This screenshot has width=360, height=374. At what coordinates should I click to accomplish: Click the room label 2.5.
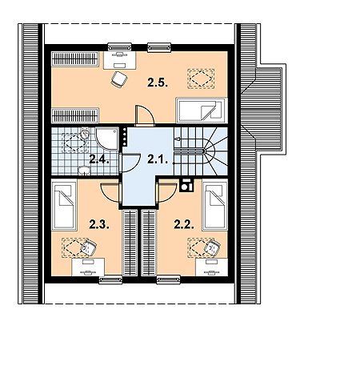point(158,82)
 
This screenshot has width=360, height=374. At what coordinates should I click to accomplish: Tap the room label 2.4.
point(99,159)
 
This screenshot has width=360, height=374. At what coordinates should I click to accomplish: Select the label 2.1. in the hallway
point(158,159)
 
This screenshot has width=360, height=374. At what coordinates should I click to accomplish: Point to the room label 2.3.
point(99,224)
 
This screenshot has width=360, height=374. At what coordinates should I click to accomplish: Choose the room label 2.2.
point(184,224)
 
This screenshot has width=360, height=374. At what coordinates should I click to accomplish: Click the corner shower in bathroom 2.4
point(107,139)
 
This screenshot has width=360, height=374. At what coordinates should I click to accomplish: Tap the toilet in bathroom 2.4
point(85,133)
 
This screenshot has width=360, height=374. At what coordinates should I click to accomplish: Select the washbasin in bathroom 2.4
point(85,171)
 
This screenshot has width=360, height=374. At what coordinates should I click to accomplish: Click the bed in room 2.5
point(202,111)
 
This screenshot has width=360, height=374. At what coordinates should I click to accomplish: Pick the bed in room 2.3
point(64,205)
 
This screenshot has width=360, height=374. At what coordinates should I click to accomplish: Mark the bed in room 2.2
point(214,205)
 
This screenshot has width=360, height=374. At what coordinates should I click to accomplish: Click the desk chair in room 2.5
point(118,79)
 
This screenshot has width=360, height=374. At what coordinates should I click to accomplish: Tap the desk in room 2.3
point(88,267)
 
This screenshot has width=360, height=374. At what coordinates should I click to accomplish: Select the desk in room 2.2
point(211,267)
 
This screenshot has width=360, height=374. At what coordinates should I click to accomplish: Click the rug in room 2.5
point(201,78)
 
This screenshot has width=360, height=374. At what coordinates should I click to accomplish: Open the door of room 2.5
point(145,115)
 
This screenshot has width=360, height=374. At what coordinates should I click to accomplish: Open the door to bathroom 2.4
point(130,163)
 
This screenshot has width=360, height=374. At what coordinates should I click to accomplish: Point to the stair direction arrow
point(177,139)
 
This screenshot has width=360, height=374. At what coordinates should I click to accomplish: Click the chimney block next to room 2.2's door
point(186,185)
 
